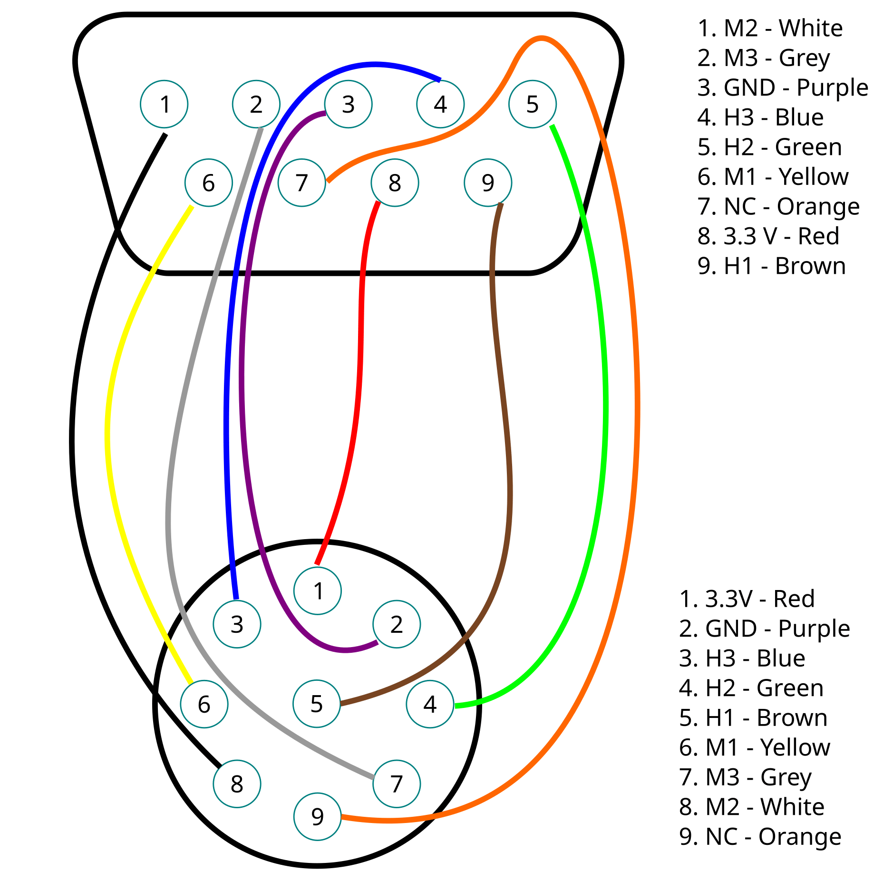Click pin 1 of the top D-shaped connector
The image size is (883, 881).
[164, 104]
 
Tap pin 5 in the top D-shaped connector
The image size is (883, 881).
[533, 104]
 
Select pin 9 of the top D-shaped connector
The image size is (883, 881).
[488, 183]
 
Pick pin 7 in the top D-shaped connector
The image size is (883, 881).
[302, 183]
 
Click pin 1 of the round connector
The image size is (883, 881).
[318, 591]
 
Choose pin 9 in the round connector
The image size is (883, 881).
[318, 816]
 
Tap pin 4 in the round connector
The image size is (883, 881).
[430, 704]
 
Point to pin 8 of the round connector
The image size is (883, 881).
[237, 784]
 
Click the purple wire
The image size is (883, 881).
[242, 380]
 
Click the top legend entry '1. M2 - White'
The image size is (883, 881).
[770, 28]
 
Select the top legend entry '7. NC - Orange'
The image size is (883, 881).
[778, 206]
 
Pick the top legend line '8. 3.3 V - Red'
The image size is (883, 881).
[768, 236]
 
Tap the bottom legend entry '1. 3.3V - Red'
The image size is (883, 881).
[747, 599]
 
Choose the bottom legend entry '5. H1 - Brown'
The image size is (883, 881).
[753, 717]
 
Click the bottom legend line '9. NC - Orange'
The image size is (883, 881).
[760, 836]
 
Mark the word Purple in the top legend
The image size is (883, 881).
[832, 88]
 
